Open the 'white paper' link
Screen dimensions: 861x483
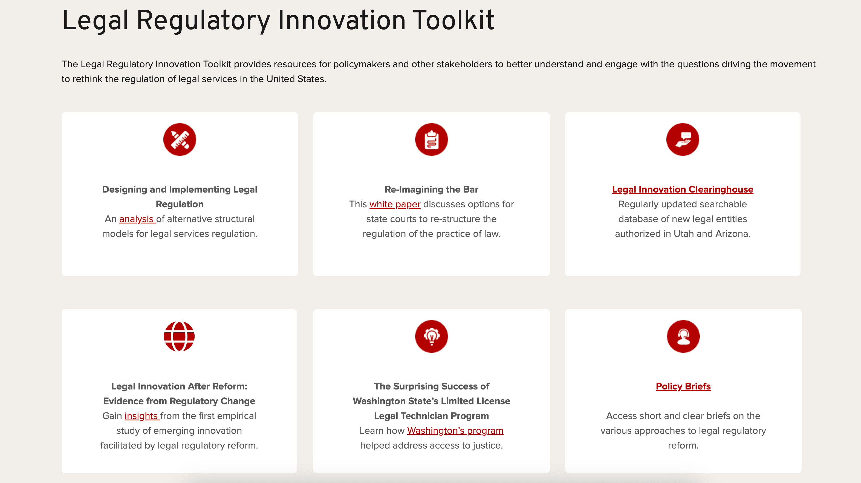(x=395, y=204)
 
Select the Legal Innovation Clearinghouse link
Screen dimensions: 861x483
(x=683, y=189)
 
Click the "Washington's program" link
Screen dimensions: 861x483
(x=455, y=431)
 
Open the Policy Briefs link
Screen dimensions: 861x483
(x=683, y=386)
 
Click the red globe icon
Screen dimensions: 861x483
(x=179, y=336)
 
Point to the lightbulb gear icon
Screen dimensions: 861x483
(x=432, y=336)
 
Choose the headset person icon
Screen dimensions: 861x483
(x=683, y=336)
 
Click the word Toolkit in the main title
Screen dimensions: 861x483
(x=453, y=20)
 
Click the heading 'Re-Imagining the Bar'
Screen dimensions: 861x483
(x=432, y=189)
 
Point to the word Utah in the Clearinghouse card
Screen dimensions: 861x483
(x=684, y=234)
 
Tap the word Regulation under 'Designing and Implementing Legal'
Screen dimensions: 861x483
(x=180, y=204)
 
